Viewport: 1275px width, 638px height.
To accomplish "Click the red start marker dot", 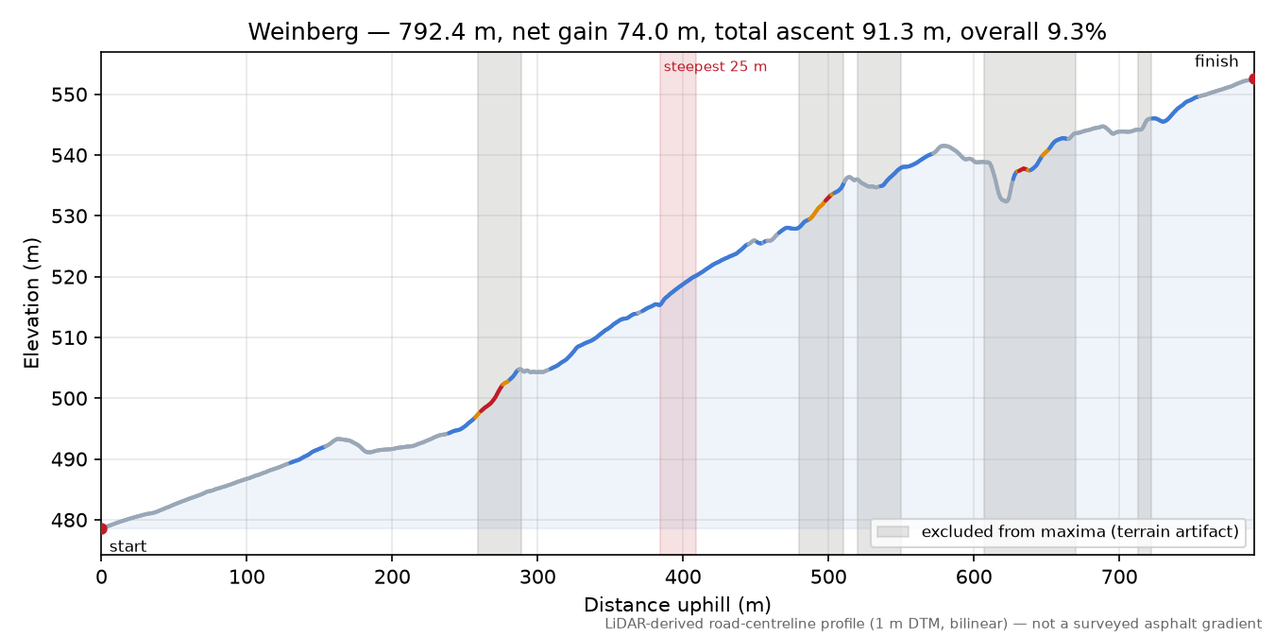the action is [102, 529].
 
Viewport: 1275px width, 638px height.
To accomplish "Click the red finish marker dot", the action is [1252, 78].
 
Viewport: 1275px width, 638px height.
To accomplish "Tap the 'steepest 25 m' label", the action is [715, 67].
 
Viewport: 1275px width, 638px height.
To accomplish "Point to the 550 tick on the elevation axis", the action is [71, 95].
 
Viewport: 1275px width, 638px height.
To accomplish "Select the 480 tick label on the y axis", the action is [71, 520].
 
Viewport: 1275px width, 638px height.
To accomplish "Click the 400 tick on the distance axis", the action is [683, 578].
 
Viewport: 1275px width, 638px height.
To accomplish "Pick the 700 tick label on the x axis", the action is [1119, 578].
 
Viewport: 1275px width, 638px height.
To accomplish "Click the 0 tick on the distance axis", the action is [101, 578].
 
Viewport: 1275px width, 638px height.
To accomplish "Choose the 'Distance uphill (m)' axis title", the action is [677, 605].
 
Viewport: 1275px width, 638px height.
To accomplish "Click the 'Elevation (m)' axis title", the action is [32, 303].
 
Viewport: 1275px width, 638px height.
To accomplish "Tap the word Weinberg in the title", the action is [303, 32].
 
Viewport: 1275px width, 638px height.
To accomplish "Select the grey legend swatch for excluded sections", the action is [892, 532].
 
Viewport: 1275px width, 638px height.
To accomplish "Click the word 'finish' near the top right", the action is [1215, 60].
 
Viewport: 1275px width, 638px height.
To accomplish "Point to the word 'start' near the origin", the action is [127, 547].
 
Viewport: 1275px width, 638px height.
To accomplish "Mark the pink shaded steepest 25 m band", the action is [678, 303].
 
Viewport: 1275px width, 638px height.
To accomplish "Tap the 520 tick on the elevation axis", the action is [71, 277].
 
